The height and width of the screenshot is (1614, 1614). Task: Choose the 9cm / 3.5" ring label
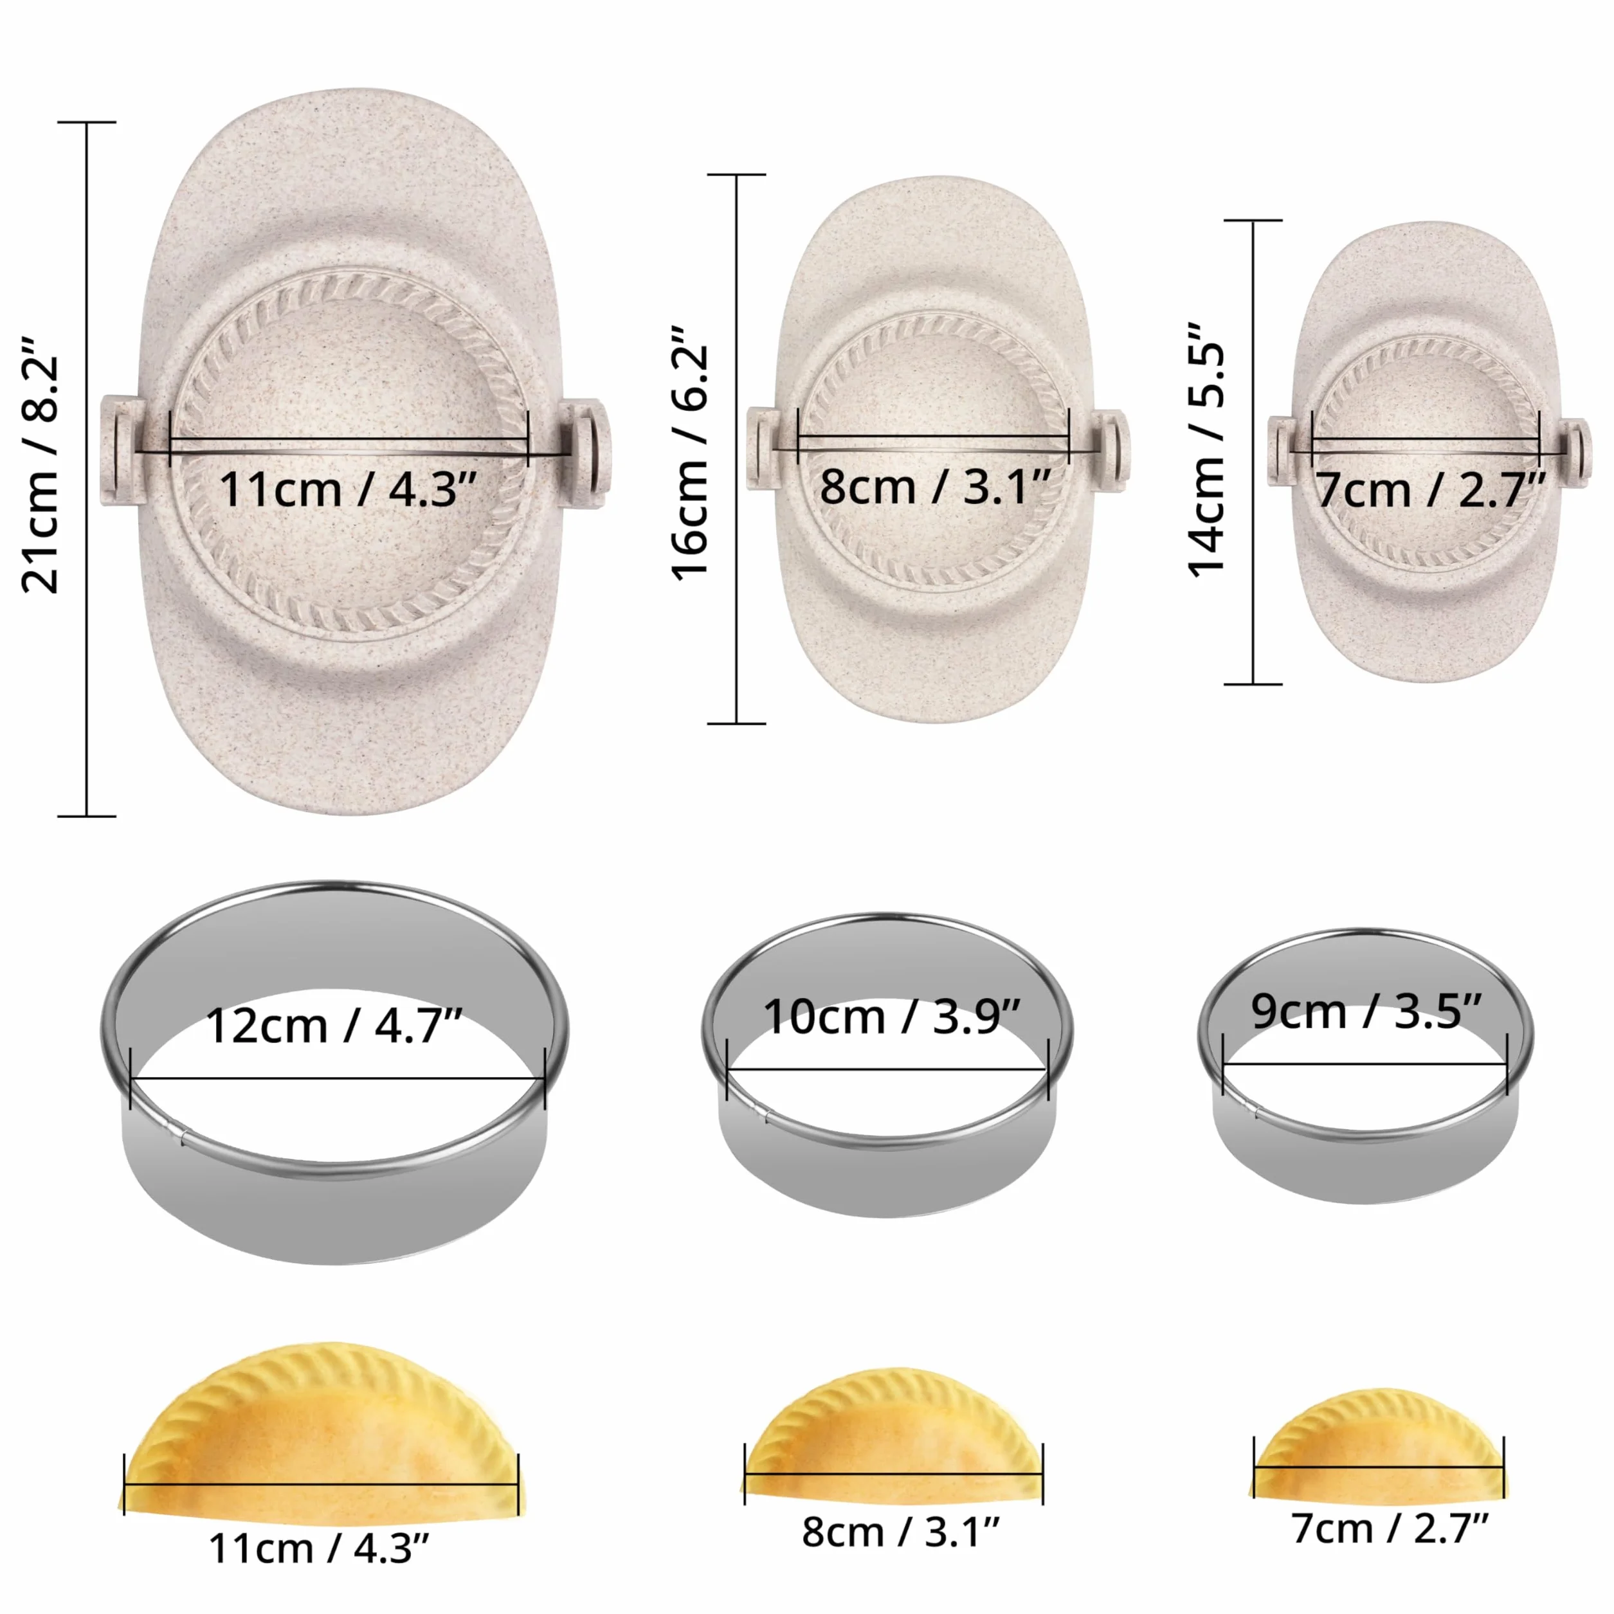[x=1366, y=1011]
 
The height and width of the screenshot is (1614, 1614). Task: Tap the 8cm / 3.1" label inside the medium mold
[x=934, y=486]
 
